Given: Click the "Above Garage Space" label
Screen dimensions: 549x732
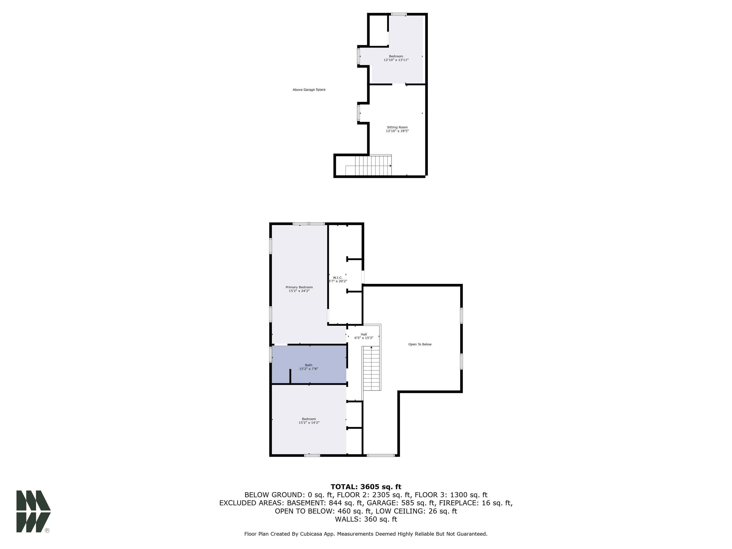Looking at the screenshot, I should (x=309, y=90).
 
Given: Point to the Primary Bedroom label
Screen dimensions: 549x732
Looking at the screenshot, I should (x=299, y=287).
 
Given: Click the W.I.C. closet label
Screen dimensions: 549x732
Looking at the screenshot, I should (x=338, y=278).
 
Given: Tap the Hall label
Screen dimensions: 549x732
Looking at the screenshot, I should (x=364, y=334).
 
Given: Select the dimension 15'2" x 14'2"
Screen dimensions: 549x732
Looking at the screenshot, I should (x=309, y=422).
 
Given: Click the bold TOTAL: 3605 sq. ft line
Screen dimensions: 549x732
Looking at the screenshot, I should (x=366, y=487).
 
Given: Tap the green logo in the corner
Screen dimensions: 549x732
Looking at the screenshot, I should (x=33, y=511).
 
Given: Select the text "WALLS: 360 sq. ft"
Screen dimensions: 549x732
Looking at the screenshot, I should (x=366, y=519).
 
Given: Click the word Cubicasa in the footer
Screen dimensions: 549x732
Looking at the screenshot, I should (x=310, y=534).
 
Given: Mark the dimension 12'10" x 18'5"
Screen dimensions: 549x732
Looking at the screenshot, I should (x=397, y=131).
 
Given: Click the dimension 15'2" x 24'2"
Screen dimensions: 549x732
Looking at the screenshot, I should (x=299, y=291).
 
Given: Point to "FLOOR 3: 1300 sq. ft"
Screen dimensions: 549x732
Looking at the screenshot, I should (x=451, y=495).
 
